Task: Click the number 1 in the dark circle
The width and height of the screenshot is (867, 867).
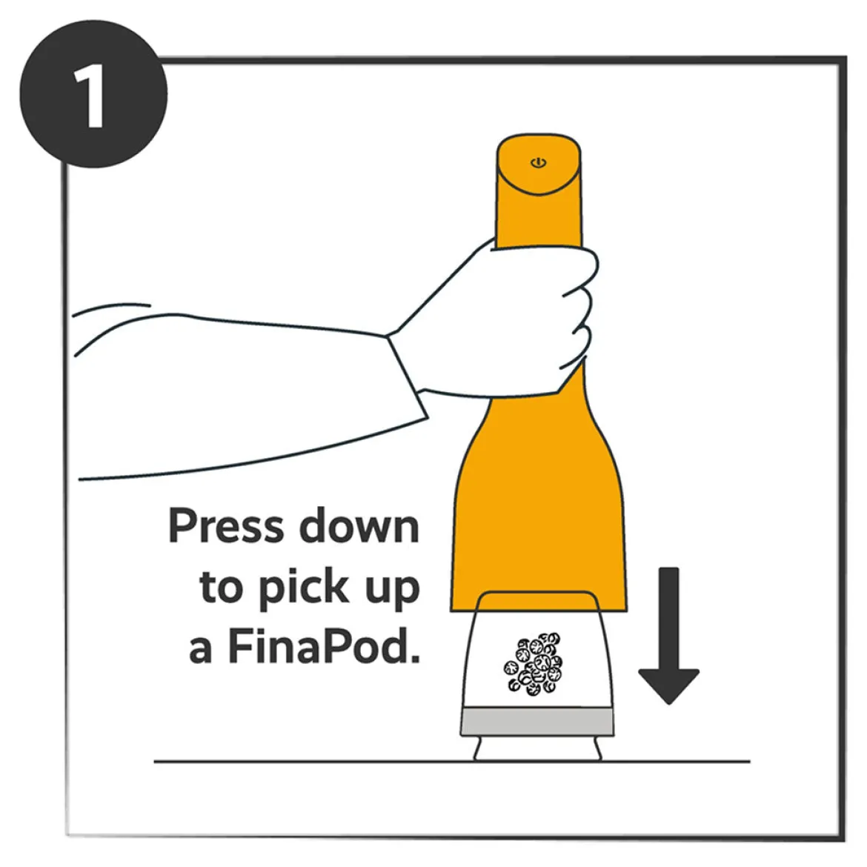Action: pyautogui.click(x=90, y=95)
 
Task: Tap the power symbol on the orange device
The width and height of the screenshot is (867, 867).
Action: pyautogui.click(x=539, y=162)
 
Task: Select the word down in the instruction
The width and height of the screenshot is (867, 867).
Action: pyautogui.click(x=359, y=525)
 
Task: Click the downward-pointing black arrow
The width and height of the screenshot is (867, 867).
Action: pyautogui.click(x=668, y=636)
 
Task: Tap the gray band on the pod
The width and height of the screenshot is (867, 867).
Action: pyautogui.click(x=537, y=722)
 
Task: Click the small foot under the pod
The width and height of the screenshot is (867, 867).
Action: pyautogui.click(x=537, y=748)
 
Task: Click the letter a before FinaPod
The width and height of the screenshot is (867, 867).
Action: pyautogui.click(x=200, y=649)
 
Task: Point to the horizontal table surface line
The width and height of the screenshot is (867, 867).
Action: pyautogui.click(x=452, y=761)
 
